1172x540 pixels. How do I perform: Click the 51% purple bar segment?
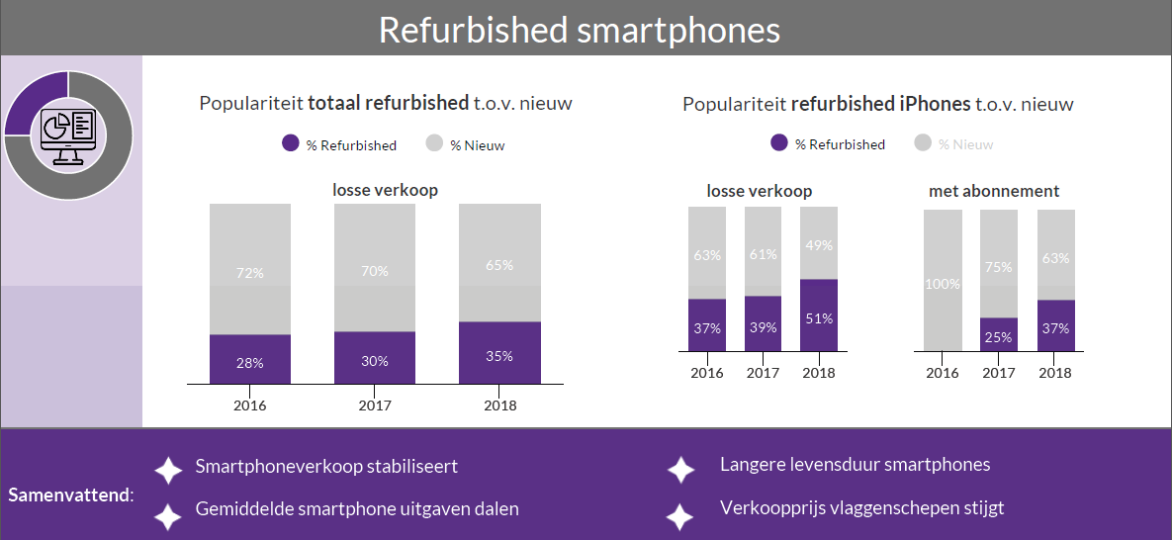tap(819, 315)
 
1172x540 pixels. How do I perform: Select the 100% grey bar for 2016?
tap(943, 281)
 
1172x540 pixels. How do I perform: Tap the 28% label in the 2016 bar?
tap(249, 363)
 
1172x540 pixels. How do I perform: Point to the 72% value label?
tap(249, 273)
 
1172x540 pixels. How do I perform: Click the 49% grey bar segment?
tap(819, 243)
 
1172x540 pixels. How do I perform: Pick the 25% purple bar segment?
tap(999, 334)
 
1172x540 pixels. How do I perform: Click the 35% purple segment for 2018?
tap(499, 353)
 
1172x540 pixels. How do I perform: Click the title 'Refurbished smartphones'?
tap(580, 30)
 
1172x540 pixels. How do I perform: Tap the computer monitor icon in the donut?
tap(68, 133)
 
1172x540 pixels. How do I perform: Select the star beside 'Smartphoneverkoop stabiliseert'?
tap(168, 470)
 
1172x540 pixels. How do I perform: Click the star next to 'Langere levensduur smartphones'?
tap(680, 470)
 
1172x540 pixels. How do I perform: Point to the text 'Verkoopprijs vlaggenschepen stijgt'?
tap(861, 508)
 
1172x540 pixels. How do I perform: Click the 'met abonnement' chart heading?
tap(994, 191)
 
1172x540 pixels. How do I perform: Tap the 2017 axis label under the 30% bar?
tap(375, 405)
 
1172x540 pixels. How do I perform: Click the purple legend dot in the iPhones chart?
tap(779, 143)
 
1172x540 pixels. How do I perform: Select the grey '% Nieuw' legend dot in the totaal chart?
tap(434, 143)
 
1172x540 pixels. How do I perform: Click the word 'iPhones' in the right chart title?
tap(935, 104)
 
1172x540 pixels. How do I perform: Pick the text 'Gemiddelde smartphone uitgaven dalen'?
tap(357, 509)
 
